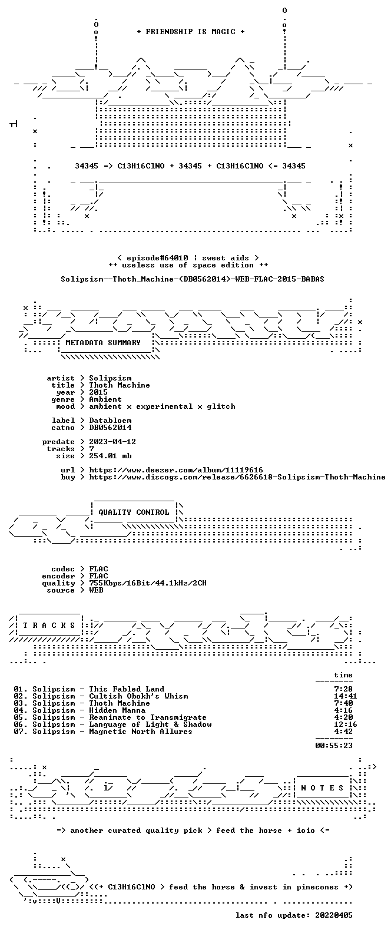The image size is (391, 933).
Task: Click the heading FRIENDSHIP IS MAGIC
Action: tap(190, 32)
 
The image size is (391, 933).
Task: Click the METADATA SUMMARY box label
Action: tap(103, 342)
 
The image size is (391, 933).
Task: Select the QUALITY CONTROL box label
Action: tap(134, 512)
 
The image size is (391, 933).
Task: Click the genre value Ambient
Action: tap(105, 399)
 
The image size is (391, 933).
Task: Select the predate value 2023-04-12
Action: tap(112, 442)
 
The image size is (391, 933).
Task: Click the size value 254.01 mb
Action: tap(110, 456)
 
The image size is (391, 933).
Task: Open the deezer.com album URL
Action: tap(175, 470)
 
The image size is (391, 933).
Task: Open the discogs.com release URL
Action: tap(237, 477)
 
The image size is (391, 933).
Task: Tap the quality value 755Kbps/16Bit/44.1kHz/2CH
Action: tap(147, 583)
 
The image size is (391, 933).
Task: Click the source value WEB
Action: tap(96, 590)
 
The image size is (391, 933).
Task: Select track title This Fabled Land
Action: tap(127, 689)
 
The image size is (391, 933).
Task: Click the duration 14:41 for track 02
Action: tap(345, 696)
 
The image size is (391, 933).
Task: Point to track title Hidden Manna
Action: tap(117, 710)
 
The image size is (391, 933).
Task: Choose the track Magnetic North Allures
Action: tap(141, 732)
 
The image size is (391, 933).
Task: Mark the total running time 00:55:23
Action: tap(333, 746)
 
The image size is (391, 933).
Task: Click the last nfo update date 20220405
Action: tap(333, 915)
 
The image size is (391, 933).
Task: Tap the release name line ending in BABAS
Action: tap(193, 279)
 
